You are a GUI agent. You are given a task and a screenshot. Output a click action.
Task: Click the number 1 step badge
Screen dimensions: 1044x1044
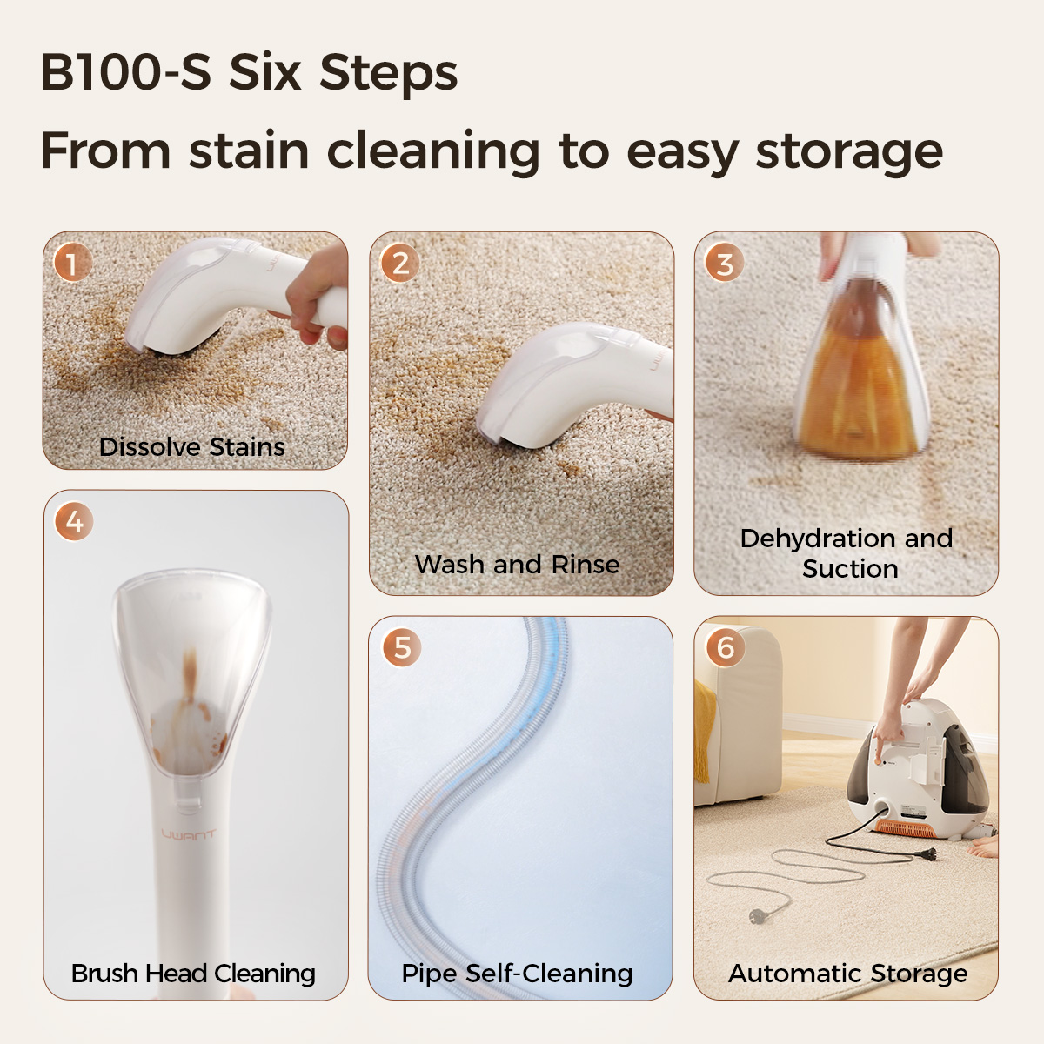73,263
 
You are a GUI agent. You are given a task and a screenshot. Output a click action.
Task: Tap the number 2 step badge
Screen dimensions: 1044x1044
400,264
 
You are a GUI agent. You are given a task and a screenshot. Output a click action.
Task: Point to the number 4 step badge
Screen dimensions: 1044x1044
74,521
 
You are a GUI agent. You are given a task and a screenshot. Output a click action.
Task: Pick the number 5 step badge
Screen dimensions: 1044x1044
402,647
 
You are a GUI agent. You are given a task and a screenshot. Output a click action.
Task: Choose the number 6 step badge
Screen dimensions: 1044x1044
726,647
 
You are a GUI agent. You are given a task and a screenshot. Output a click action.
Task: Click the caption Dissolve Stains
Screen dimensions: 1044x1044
191,447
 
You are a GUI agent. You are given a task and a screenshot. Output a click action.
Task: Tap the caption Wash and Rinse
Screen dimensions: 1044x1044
517,564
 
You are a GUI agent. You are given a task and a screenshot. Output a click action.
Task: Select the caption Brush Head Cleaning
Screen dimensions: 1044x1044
193,973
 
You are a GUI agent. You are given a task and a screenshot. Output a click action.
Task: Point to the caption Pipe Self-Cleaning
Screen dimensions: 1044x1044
517,973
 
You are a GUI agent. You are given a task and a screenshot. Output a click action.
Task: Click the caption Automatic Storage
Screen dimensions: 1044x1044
848,973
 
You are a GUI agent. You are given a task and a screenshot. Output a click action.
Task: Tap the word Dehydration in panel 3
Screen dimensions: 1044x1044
811,539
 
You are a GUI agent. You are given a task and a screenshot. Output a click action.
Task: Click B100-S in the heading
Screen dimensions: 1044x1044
125,72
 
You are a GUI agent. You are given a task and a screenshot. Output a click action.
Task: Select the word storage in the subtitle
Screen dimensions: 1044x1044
849,152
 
